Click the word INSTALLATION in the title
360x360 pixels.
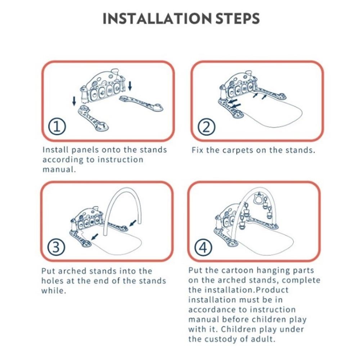pyautogui.click(x=157, y=19)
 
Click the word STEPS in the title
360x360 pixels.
pyautogui.click(x=238, y=19)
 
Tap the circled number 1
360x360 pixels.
pyautogui.click(x=57, y=126)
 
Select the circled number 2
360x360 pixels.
pyautogui.click(x=206, y=127)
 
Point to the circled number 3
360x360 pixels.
pyautogui.click(x=56, y=247)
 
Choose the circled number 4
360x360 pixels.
pyautogui.click(x=203, y=248)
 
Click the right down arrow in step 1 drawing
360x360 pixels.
pyautogui.click(x=130, y=86)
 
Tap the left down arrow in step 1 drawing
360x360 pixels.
pyautogui.click(x=74, y=101)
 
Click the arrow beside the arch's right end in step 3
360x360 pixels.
pyautogui.click(x=133, y=223)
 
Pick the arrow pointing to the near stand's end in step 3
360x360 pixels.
pyautogui.click(x=95, y=237)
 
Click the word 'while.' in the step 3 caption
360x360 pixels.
pyautogui.click(x=54, y=291)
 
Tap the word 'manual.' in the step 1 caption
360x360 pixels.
pyautogui.click(x=59, y=170)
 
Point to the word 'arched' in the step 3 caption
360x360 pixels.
pyautogui.click(x=72, y=271)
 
